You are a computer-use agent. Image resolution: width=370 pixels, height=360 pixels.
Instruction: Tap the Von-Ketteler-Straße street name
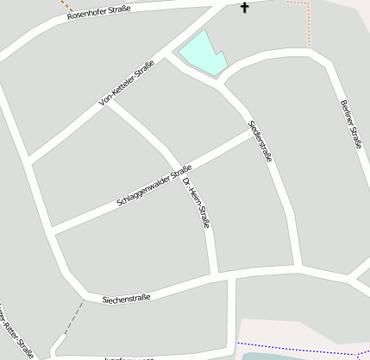pyautogui.click(x=127, y=84)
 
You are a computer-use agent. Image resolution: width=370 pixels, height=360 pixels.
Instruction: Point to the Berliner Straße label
pyautogui.click(x=349, y=124)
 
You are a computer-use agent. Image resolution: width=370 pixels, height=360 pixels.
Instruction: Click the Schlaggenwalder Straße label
pyautogui.click(x=154, y=186)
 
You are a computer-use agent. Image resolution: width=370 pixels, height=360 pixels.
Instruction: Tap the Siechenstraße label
pyautogui.click(x=126, y=299)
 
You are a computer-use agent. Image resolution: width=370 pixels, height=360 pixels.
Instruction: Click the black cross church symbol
pyautogui.click(x=244, y=8)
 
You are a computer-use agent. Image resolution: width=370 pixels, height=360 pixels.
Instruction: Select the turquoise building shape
pyautogui.click(x=202, y=53)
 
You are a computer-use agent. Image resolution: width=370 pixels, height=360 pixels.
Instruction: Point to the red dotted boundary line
pyautogui.click(x=308, y=22)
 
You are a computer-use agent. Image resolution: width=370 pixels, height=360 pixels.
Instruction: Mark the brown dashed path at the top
pyautogui.click(x=66, y=7)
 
